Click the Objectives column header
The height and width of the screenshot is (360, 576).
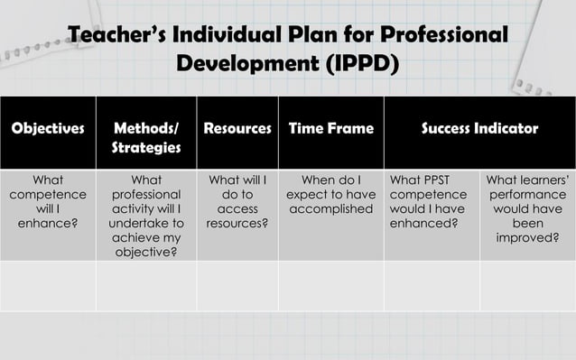pos(46,129)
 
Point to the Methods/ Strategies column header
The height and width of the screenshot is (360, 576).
pos(146,137)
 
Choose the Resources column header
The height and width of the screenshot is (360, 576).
pos(237,129)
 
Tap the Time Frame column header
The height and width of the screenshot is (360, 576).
pos(330,129)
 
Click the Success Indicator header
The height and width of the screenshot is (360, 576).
pos(479,129)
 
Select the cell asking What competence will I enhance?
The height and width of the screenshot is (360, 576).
pos(46,207)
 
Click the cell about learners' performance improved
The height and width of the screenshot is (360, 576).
pos(527,214)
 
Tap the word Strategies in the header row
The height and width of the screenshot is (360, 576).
pos(146,147)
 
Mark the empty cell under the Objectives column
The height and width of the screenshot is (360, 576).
pos(46,286)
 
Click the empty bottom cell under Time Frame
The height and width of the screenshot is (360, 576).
pos(330,286)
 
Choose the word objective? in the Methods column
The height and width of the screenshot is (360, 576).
pos(146,252)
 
